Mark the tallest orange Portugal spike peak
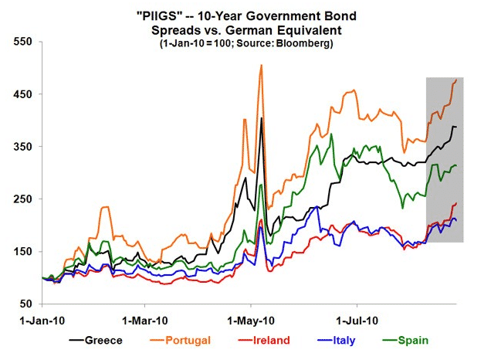point(262,66)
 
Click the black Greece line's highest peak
point(262,118)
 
